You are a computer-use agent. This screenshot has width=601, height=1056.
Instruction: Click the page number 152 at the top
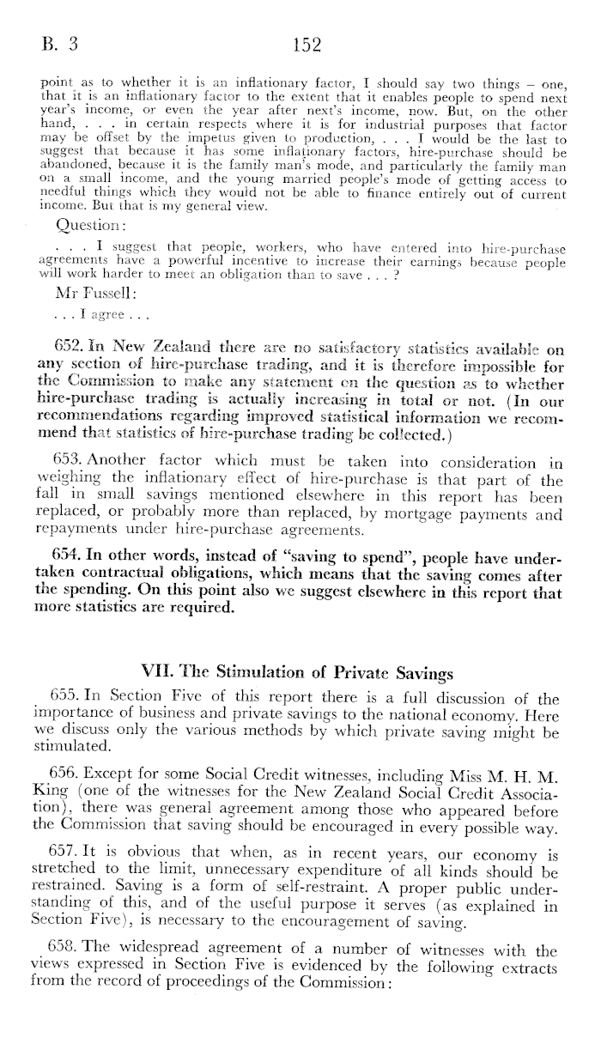307,44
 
